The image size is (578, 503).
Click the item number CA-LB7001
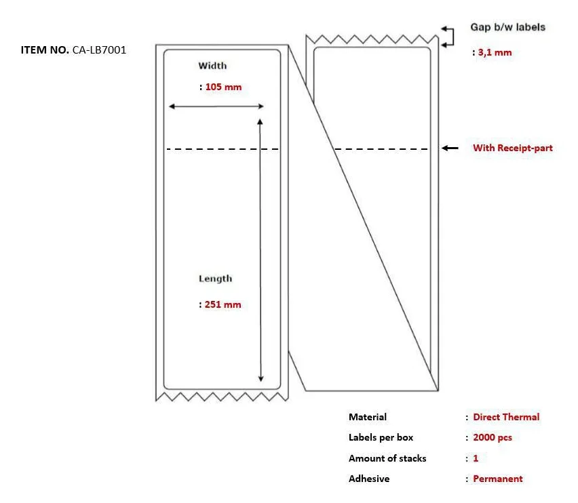pos(99,49)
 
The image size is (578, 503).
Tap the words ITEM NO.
pos(45,49)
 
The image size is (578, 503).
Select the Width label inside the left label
pos(212,66)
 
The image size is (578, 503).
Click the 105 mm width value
pos(223,87)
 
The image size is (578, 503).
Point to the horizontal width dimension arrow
pos(216,106)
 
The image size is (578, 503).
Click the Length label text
pos(215,279)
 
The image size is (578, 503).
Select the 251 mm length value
pos(223,304)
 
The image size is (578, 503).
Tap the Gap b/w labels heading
pos(507,27)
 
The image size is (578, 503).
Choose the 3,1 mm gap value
pos(495,52)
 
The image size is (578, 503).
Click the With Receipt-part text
pos(513,148)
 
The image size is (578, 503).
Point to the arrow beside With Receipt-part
pos(450,148)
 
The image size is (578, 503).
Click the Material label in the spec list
pos(368,417)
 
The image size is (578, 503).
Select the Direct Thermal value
pos(506,417)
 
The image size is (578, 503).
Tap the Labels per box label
pos(381,437)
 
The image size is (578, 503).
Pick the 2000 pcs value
pos(493,437)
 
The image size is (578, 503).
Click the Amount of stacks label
pos(387,458)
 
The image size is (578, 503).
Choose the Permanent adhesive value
pos(498,479)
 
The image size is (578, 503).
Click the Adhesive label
pos(369,479)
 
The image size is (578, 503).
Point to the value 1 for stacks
pos(476,458)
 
